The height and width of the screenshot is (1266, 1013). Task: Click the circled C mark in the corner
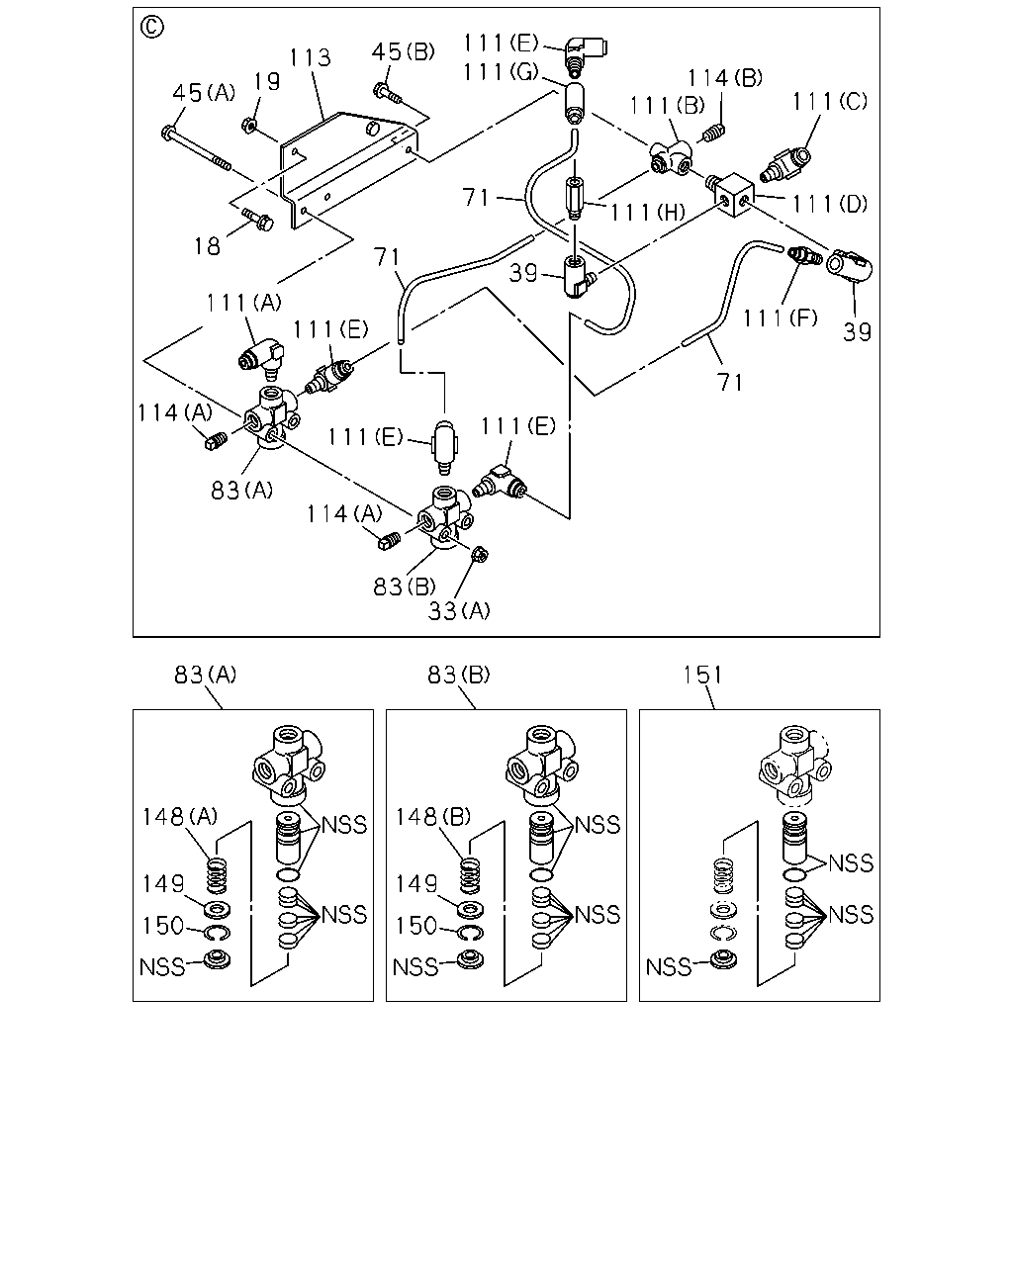click(x=152, y=27)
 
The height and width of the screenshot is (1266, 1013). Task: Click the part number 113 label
click(x=311, y=57)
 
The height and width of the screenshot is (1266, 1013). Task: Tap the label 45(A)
click(x=204, y=92)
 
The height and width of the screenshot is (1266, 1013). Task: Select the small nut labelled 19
click(x=247, y=125)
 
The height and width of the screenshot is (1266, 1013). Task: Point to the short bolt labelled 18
click(x=258, y=220)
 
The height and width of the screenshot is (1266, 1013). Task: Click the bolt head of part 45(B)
click(x=380, y=91)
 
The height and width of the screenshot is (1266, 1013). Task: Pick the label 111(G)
click(x=501, y=72)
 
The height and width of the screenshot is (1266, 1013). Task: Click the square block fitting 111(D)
click(x=731, y=194)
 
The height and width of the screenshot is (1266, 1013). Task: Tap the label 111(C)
click(x=829, y=102)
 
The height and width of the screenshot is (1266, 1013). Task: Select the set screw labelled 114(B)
click(x=713, y=133)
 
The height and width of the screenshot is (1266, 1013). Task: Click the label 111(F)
click(x=780, y=318)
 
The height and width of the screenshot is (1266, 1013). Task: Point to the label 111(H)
click(x=647, y=212)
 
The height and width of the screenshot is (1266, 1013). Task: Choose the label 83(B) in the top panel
click(x=405, y=586)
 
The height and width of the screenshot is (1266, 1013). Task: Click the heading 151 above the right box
click(x=702, y=675)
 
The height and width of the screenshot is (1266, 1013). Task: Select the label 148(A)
click(x=179, y=816)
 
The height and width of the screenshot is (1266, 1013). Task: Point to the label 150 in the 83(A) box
click(x=163, y=926)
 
